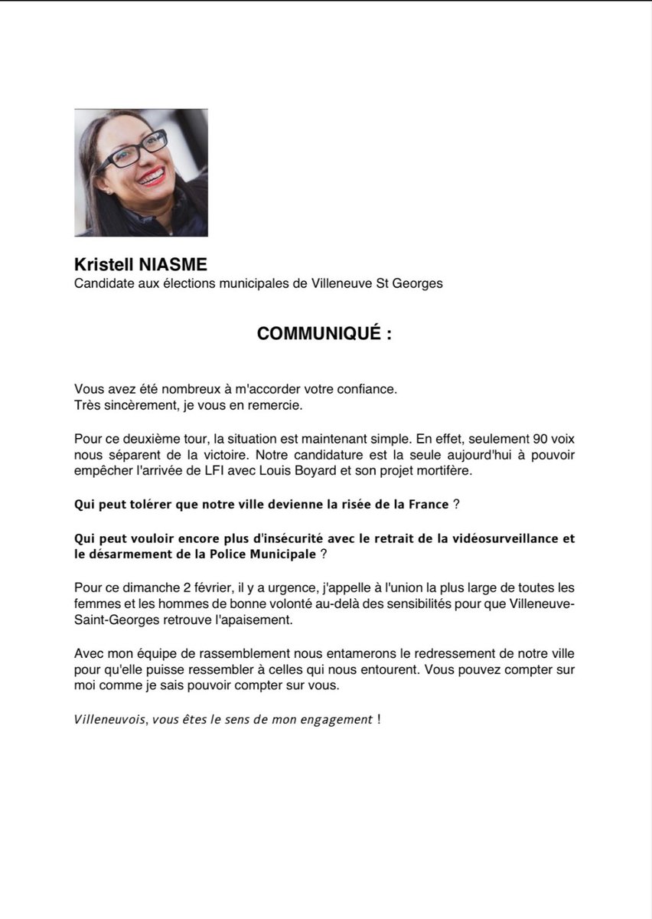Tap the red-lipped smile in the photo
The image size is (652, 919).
(151, 178)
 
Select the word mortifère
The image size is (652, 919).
(445, 471)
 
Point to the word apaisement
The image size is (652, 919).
(254, 621)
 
